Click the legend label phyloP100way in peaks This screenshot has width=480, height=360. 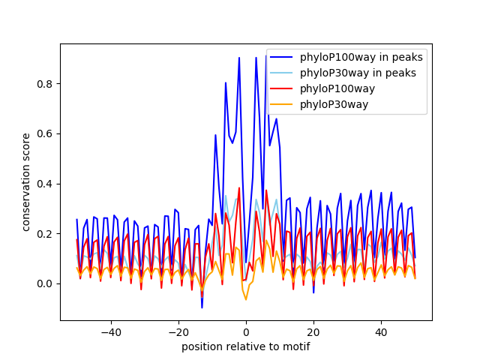coord(361,57)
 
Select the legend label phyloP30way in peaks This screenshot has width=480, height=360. coord(358,73)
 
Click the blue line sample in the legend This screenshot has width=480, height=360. coord(282,57)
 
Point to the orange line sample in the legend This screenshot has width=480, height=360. coord(282,104)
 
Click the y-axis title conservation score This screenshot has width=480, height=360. coord(26,182)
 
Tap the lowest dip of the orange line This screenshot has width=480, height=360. coord(246,300)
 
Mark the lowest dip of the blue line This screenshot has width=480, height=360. coord(202,307)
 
